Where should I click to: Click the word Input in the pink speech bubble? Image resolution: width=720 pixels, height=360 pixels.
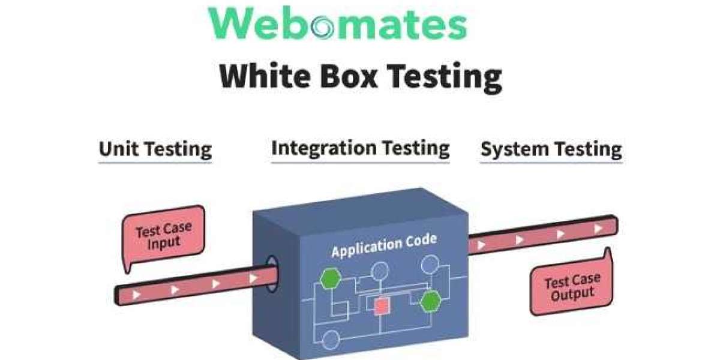(164, 242)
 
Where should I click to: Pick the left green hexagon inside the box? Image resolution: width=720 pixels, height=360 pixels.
(329, 278)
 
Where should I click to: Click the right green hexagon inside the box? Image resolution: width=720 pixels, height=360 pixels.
(430, 302)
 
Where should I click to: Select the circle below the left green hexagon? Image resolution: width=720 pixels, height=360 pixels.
(330, 341)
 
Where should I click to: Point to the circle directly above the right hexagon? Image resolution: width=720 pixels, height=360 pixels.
(430, 264)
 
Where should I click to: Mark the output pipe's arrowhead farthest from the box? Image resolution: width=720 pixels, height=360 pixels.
(598, 229)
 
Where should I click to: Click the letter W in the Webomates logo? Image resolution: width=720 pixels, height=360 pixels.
(233, 24)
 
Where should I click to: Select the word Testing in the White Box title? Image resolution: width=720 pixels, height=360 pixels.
(442, 77)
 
